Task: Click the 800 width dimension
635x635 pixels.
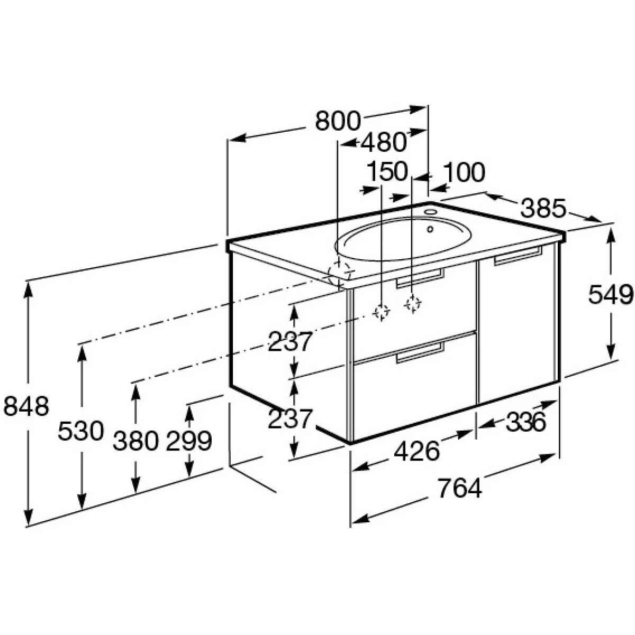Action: point(338,121)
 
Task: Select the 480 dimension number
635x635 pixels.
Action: point(383,142)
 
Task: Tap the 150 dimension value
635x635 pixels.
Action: point(387,171)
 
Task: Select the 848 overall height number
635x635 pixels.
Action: point(26,406)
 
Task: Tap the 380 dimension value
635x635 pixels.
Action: point(136,441)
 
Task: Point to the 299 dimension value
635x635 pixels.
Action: point(188,441)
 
